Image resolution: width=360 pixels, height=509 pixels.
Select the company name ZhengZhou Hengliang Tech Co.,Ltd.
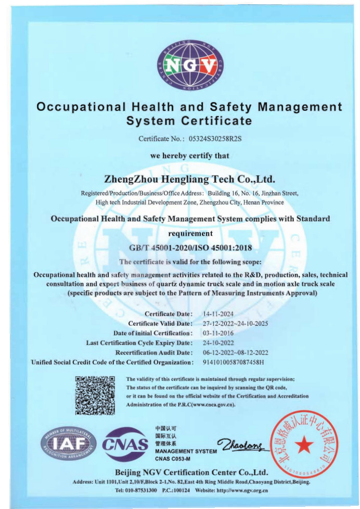(x=189, y=179)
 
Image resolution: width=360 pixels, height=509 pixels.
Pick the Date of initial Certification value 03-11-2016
(x=218, y=333)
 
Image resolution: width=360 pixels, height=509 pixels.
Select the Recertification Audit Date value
(x=235, y=352)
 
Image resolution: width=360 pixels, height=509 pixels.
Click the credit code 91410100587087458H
(x=234, y=362)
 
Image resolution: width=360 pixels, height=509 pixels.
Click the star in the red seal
(x=302, y=443)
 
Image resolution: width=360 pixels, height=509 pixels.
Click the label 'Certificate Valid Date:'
(x=160, y=324)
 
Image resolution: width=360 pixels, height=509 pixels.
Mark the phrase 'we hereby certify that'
(x=189, y=156)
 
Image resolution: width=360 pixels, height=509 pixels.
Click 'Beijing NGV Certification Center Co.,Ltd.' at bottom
(x=191, y=473)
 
